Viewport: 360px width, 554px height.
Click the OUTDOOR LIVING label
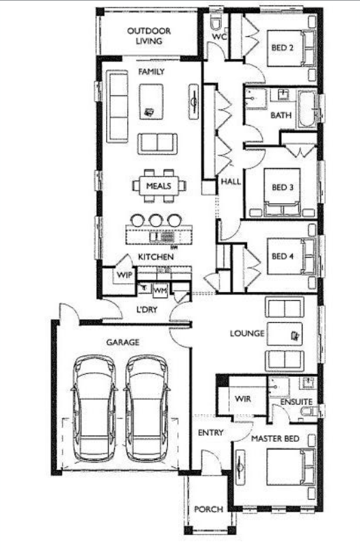coord(149,36)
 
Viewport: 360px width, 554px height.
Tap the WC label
coord(218,37)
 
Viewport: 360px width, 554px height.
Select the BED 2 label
coord(282,48)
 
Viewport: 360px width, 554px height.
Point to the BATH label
coord(281,115)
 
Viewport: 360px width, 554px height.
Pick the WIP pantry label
coord(124,274)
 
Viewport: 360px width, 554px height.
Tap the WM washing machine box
coord(160,291)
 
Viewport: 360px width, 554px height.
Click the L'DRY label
coord(148,311)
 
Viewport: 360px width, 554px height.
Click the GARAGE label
coord(123,341)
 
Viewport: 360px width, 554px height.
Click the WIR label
coord(244,397)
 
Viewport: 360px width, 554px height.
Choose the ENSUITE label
coord(298,402)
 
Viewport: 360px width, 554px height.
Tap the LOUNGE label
coord(248,334)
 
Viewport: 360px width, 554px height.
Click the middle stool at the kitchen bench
coord(156,220)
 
